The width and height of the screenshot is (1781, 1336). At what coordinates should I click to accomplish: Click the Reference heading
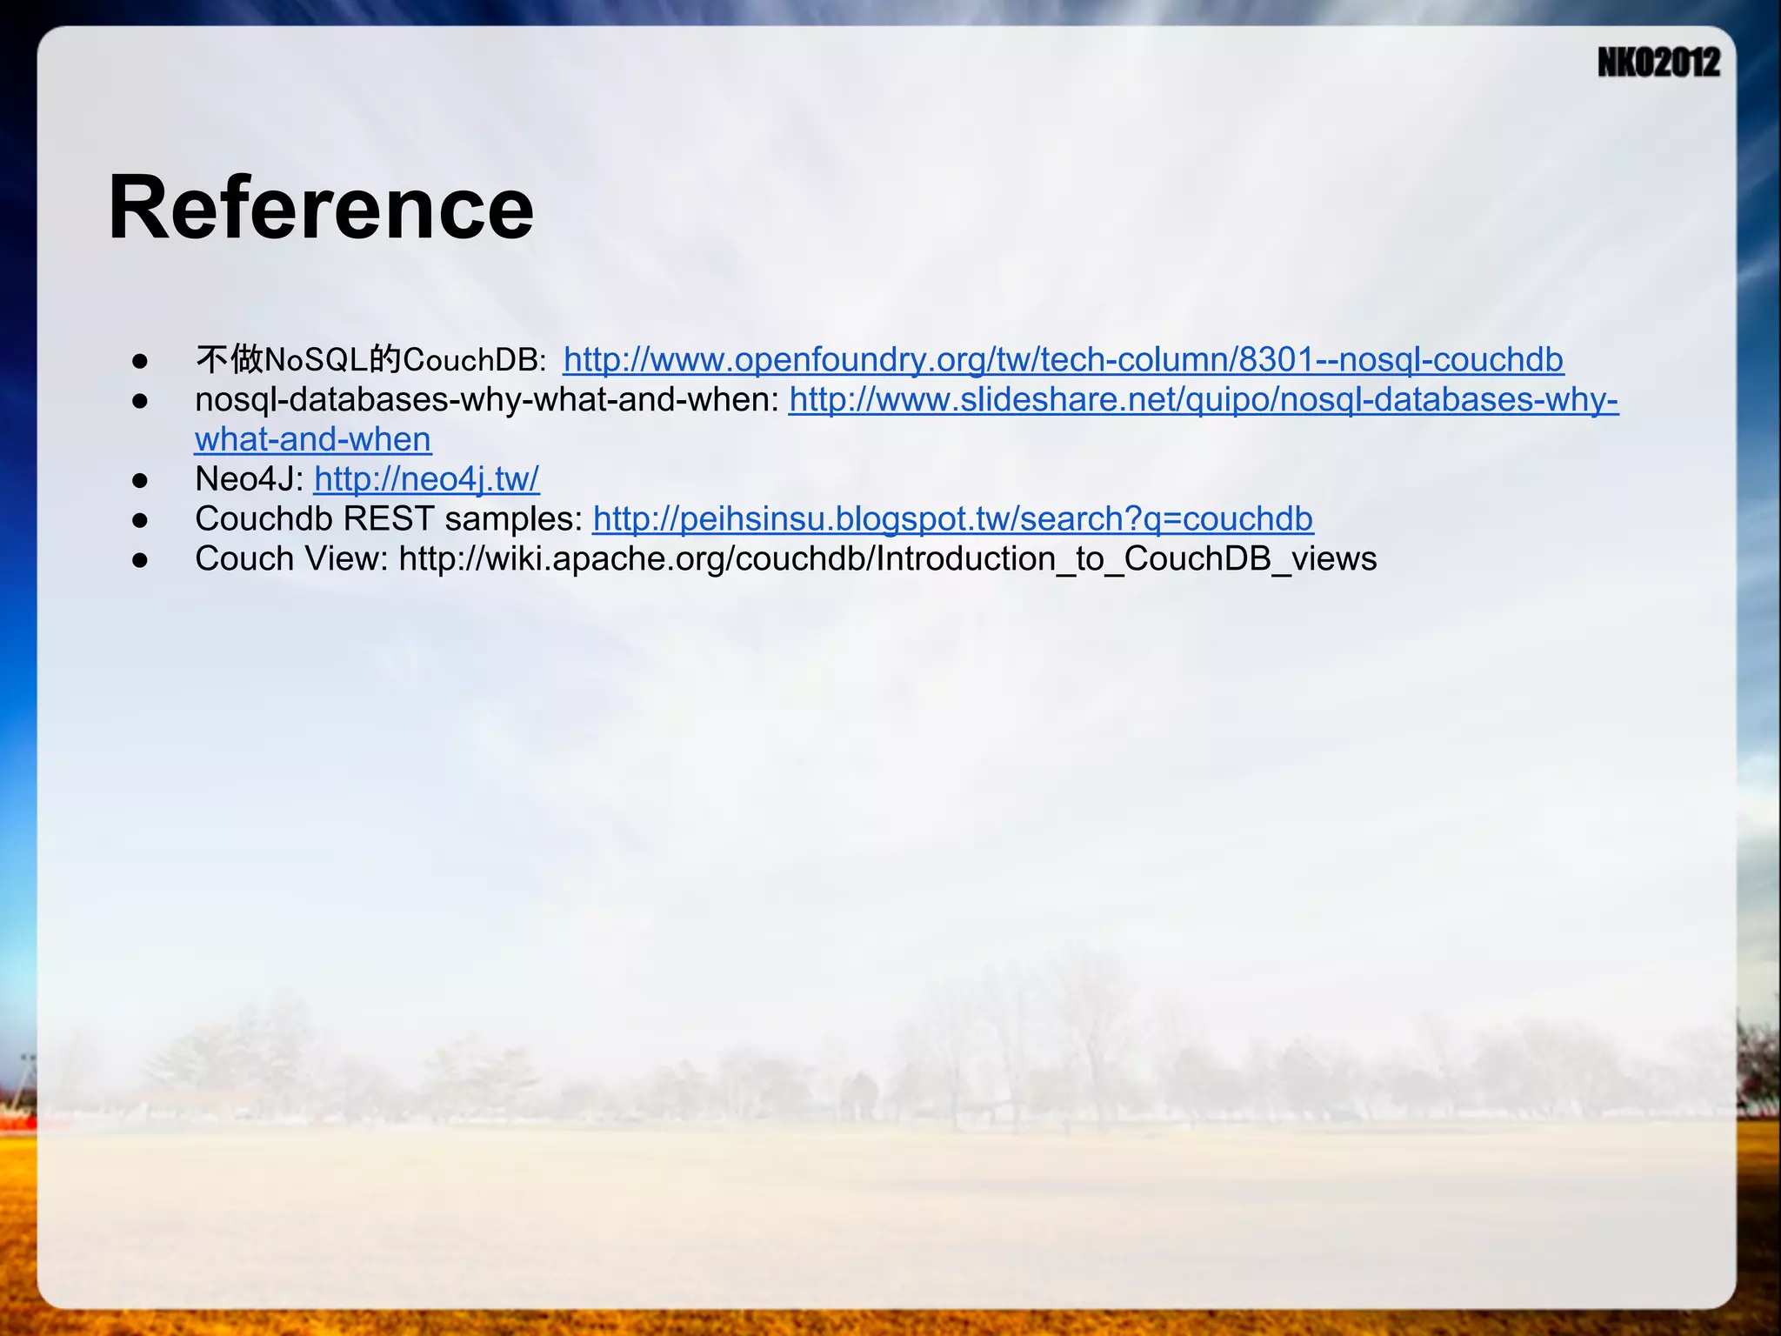[320, 208]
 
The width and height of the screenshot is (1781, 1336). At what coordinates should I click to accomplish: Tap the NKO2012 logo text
[1658, 63]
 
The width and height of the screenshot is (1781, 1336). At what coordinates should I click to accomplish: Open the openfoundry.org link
[1063, 359]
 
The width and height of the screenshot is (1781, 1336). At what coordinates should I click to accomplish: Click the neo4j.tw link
[426, 478]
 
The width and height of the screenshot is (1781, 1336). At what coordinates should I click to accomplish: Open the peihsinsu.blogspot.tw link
[952, 518]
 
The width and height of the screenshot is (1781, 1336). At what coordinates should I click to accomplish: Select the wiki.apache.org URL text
[887, 558]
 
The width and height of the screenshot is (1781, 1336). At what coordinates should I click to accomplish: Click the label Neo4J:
[249, 478]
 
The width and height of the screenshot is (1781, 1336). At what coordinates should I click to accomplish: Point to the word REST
[389, 518]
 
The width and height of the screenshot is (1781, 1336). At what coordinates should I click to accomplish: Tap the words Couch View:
[291, 558]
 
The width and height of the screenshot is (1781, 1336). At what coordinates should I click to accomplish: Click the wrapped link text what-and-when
[313, 439]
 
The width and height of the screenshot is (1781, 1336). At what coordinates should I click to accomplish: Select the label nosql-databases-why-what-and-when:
[487, 399]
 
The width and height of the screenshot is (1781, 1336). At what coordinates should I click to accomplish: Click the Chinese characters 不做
[229, 359]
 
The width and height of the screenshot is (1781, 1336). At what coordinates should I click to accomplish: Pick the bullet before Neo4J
[140, 480]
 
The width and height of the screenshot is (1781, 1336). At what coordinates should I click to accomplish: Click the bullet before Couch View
[140, 560]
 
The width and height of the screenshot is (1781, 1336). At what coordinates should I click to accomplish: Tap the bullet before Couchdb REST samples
[140, 520]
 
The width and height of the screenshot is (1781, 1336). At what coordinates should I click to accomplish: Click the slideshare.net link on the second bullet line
[1203, 399]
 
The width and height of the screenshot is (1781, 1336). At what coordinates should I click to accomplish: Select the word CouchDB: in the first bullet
[475, 359]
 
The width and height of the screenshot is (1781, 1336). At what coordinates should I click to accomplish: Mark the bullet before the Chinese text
[140, 361]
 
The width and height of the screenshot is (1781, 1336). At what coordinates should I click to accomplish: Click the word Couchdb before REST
[264, 518]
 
